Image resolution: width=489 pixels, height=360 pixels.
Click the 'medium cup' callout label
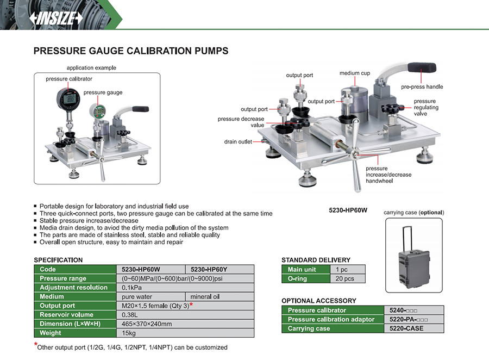pos(355,73)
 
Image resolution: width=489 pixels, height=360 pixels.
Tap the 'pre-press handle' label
pos(422,87)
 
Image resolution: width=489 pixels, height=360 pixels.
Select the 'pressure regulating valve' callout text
pos(425,108)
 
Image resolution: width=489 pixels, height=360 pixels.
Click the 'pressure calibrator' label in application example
pos(69,79)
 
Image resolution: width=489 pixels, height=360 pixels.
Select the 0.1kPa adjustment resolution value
pos(132,288)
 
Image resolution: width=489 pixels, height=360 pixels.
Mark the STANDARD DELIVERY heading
pos(316,259)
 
